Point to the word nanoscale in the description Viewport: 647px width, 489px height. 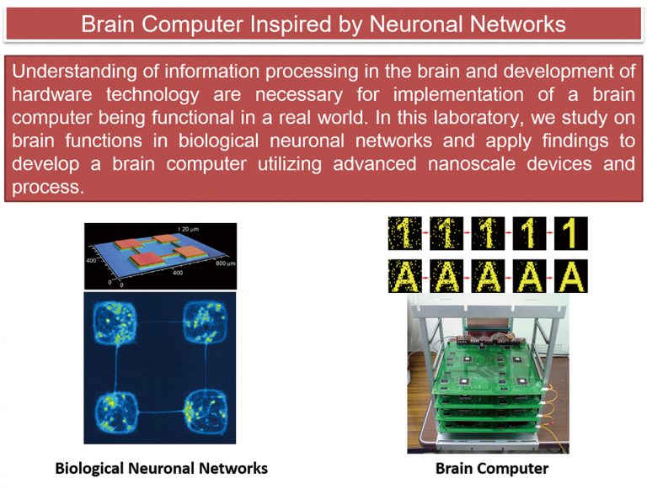[x=472, y=164]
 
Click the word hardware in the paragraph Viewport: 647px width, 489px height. [x=52, y=95]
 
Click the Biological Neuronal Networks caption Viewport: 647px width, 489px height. [x=162, y=469]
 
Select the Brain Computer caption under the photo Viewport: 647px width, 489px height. [x=492, y=469]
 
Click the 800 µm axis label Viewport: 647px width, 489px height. [x=225, y=263]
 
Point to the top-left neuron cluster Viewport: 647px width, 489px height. [x=115, y=323]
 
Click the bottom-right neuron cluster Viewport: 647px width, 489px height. [x=205, y=412]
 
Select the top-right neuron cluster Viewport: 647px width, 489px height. [x=205, y=322]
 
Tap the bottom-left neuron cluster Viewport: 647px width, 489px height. [x=115, y=412]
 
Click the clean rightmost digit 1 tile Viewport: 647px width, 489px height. [x=570, y=233]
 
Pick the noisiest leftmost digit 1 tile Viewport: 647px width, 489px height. [x=404, y=233]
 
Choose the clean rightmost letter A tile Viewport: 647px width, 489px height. [x=570, y=276]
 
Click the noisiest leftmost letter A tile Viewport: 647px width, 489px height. [x=404, y=276]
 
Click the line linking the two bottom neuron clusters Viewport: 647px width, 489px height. [x=160, y=412]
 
